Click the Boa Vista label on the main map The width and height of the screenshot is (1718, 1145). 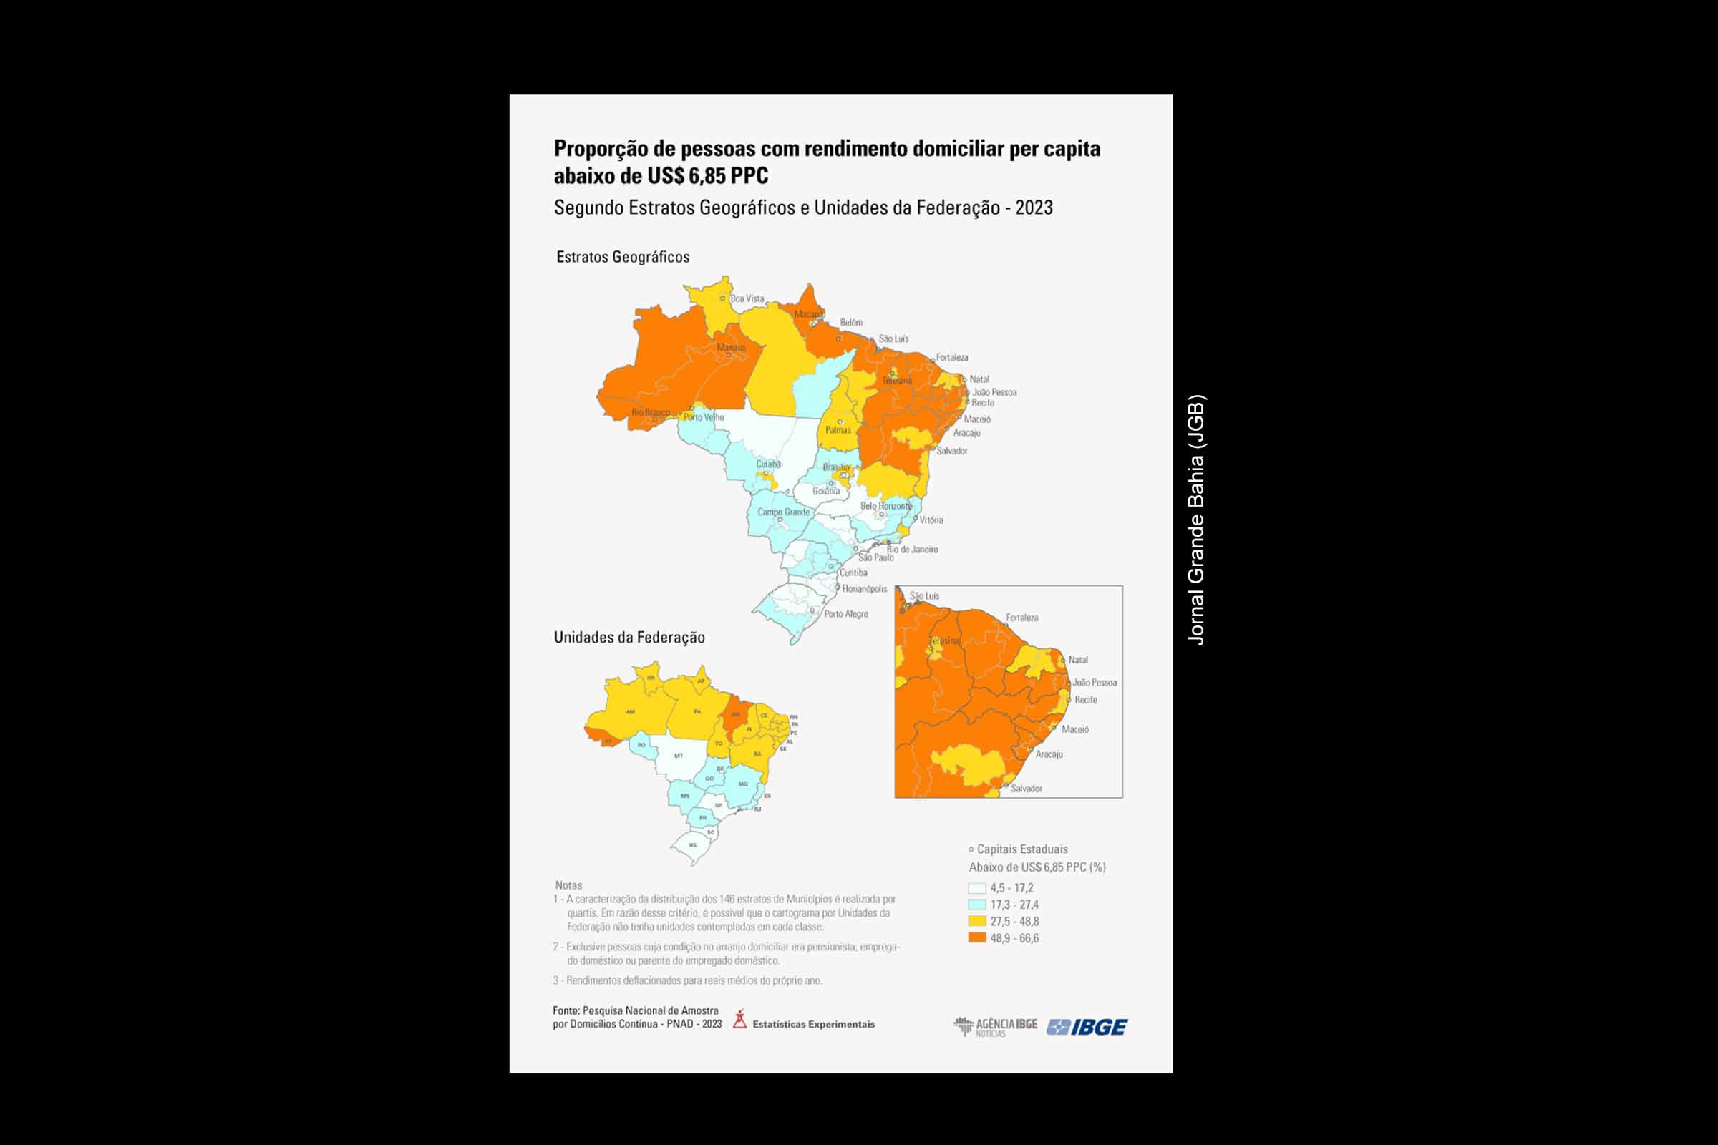747,298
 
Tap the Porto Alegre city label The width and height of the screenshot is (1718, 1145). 846,614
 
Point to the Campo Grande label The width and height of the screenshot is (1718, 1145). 783,512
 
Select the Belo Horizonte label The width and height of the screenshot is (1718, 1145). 886,505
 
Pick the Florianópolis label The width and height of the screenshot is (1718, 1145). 864,588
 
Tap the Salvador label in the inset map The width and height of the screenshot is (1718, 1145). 1027,789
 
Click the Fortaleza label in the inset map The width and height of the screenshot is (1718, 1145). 1022,618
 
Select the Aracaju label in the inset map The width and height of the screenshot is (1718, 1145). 1049,754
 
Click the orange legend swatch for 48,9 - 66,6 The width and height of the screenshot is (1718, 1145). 976,937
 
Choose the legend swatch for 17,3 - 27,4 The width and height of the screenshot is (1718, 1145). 976,905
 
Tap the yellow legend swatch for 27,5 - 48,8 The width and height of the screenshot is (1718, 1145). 976,921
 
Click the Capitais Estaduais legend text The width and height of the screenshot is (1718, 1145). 1022,849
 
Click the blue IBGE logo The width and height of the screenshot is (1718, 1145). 1087,1027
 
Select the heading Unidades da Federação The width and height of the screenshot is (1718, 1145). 629,638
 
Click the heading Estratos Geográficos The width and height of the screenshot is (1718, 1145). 622,257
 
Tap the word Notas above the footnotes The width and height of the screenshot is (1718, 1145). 568,885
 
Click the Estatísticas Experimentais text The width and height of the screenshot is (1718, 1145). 813,1025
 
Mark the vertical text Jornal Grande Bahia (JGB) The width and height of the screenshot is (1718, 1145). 1195,520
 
